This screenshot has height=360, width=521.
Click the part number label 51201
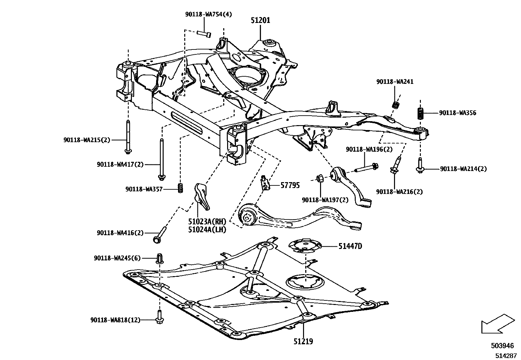(260, 20)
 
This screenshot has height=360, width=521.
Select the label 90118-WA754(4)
(208, 14)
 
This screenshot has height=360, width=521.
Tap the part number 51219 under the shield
(303, 341)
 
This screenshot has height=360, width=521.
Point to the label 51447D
(350, 246)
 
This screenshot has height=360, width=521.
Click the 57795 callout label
(290, 185)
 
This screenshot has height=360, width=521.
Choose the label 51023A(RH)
(207, 222)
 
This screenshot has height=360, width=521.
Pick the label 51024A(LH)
(207, 230)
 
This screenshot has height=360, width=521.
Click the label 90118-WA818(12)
(115, 320)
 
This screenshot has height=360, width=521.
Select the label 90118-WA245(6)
(117, 258)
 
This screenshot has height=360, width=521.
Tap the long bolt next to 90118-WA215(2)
(127, 137)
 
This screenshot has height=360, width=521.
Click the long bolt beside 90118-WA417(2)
(161, 159)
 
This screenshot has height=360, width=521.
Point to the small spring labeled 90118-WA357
(180, 188)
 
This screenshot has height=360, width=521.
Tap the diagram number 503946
(502, 346)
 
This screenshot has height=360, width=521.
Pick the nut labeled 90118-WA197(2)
(320, 178)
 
